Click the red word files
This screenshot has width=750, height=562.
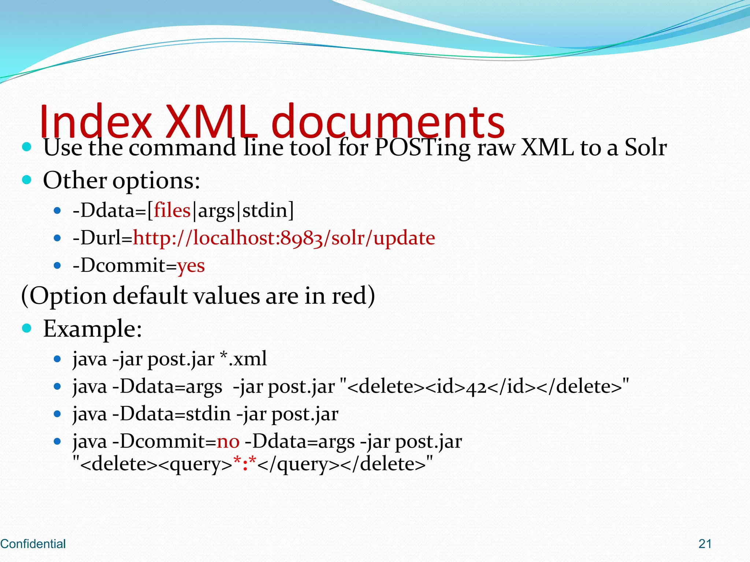[172, 211]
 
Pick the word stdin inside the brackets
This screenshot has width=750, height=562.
[265, 211]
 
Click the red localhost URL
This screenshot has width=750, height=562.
[284, 238]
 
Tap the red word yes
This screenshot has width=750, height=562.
[191, 266]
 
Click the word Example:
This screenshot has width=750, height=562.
[92, 329]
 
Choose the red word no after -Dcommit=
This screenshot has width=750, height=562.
[228, 442]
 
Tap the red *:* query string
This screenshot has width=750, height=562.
[245, 464]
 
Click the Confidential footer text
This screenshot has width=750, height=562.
[33, 544]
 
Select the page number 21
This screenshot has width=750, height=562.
[705, 544]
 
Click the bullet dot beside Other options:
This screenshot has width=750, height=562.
[27, 180]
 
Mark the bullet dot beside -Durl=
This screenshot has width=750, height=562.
[57, 238]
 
